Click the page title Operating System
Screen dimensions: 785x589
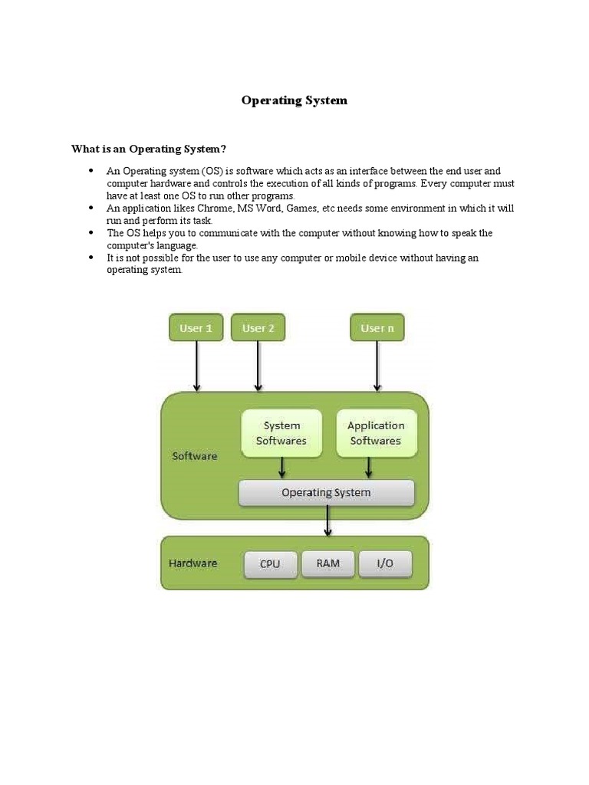click(294, 100)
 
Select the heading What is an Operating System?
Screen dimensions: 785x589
click(149, 149)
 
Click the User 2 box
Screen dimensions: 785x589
click(258, 328)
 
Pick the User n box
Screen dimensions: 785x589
click(377, 328)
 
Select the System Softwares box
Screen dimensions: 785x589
click(281, 433)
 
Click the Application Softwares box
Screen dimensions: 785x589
click(376, 433)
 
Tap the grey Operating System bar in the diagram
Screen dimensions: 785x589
click(326, 493)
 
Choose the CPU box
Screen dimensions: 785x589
click(270, 564)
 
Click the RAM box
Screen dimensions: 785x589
click(327, 563)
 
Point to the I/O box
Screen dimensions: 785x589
click(385, 563)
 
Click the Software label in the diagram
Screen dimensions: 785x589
click(195, 456)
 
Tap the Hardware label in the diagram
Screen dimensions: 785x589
click(193, 563)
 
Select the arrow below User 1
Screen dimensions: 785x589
click(197, 366)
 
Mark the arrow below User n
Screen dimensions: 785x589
click(377, 366)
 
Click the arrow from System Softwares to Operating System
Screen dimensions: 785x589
click(282, 467)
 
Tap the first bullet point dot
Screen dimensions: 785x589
click(91, 171)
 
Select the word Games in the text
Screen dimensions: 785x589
click(302, 209)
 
